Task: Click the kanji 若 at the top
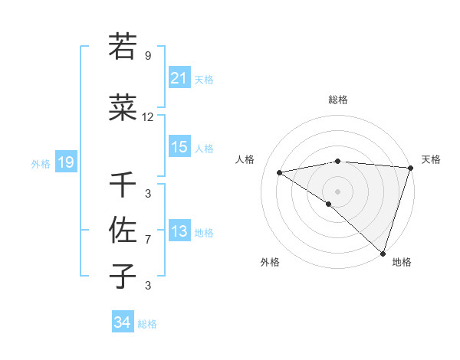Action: (x=123, y=47)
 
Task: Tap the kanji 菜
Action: (x=123, y=109)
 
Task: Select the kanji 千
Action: (x=123, y=185)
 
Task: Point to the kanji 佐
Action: (x=123, y=231)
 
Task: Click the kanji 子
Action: (x=123, y=277)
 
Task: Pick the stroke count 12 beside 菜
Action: (x=148, y=117)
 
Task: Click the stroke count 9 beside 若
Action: (x=148, y=56)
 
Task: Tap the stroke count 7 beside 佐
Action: (x=148, y=240)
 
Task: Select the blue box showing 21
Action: (x=179, y=78)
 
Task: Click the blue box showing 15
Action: (x=179, y=147)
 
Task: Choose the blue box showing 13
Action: (x=179, y=231)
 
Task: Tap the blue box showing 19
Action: (x=65, y=162)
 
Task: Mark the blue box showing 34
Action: (x=122, y=323)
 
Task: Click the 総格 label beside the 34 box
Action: (x=147, y=324)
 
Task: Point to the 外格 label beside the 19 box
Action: (x=41, y=163)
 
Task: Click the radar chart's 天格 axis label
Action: (x=431, y=159)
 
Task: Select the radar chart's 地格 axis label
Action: (x=402, y=262)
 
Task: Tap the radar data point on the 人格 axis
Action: (x=280, y=172)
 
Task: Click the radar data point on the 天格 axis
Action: (x=410, y=167)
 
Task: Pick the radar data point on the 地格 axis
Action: (x=383, y=252)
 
